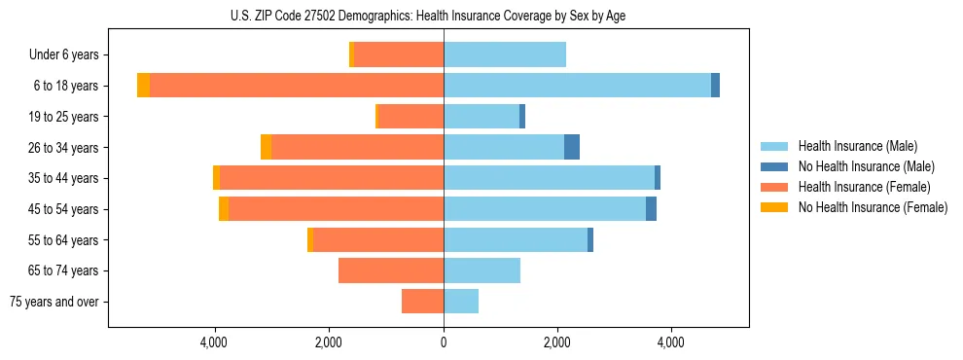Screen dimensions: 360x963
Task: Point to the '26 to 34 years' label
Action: pos(63,148)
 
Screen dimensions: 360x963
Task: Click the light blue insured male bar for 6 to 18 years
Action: pos(577,86)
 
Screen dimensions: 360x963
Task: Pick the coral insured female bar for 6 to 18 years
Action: pos(297,86)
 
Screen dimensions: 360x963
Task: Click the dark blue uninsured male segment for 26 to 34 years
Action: pos(572,147)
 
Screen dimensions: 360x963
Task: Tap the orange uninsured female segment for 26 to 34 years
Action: pos(266,147)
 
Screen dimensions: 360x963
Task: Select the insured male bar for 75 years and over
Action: pos(461,302)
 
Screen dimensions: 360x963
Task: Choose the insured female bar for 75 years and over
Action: pos(422,302)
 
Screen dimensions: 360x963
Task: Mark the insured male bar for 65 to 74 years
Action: pos(481,270)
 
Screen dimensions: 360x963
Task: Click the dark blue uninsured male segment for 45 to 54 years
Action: pos(651,209)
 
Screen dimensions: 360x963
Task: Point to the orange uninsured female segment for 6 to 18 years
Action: pos(143,86)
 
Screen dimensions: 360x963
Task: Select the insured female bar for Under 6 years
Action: pos(399,55)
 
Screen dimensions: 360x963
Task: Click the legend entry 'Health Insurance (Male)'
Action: pos(857,146)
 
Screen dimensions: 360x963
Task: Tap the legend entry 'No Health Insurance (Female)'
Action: pos(873,207)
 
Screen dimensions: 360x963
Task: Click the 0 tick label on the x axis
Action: pos(444,342)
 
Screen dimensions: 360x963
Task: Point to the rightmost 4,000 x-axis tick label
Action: pos(670,342)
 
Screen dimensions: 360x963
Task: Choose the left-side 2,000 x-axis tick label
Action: pos(328,342)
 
